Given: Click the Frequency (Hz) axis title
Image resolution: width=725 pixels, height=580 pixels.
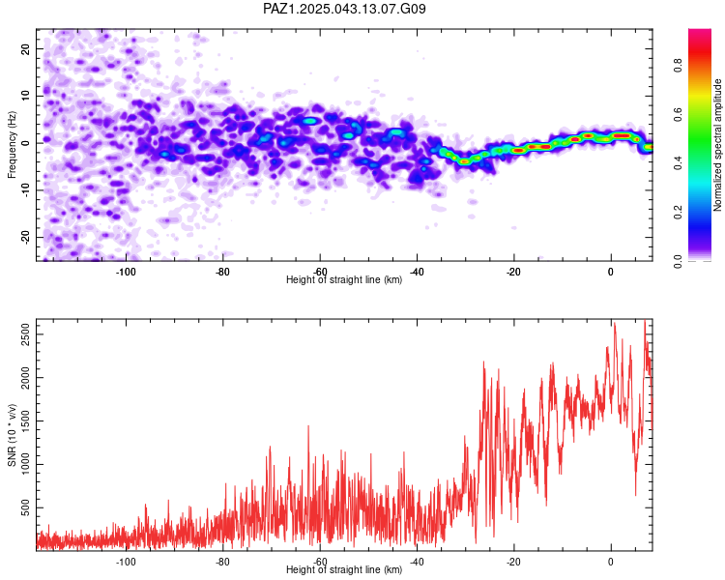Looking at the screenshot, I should click(12, 145).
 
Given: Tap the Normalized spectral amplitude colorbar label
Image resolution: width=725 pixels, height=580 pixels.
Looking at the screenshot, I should click(718, 145).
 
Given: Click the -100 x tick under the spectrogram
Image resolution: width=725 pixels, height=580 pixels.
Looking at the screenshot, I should click(126, 272).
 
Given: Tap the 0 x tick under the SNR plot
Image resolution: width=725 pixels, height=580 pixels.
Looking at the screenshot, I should click(611, 562).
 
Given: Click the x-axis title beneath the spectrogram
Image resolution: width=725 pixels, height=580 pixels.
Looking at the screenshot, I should click(344, 280).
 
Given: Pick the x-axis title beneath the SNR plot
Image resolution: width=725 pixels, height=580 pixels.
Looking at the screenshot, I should click(344, 570).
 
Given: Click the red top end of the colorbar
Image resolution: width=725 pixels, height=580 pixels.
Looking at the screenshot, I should click(700, 34).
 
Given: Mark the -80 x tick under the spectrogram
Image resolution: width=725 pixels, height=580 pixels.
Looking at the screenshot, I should click(222, 272).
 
